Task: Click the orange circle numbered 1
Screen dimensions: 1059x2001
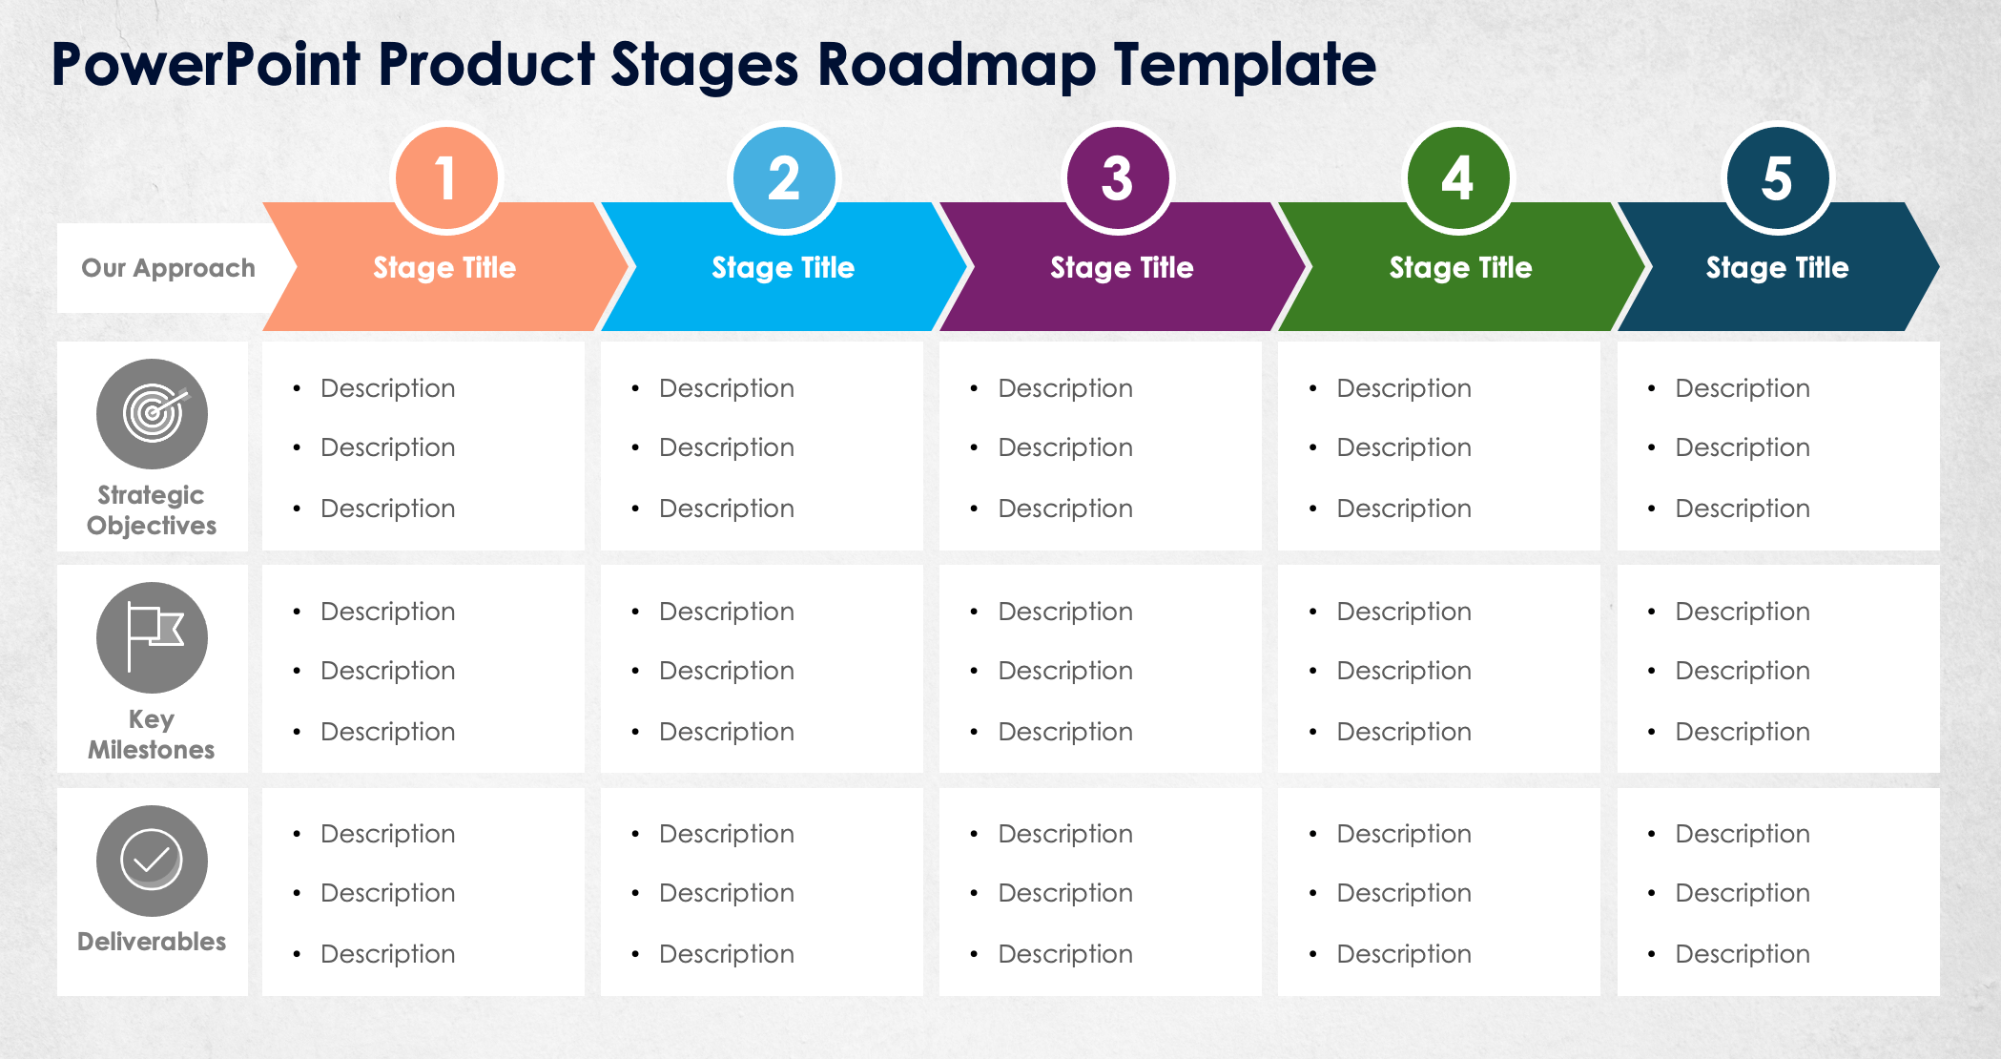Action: coord(445,178)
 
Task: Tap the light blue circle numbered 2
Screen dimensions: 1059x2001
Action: coord(784,178)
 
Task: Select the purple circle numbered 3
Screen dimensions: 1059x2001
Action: coord(1118,178)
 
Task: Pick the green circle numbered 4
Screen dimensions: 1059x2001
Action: coord(1458,178)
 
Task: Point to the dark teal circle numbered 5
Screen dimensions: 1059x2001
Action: coord(1777,178)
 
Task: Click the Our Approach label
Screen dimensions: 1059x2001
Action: coord(168,268)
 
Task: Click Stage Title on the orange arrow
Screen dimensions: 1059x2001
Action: coord(444,268)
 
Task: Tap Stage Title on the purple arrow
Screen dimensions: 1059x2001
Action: coord(1122,268)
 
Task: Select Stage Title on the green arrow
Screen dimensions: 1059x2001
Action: coord(1460,268)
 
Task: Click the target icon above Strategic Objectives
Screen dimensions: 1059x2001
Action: coord(152,414)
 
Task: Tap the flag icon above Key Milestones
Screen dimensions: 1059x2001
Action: coord(152,637)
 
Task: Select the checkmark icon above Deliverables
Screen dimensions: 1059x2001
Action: coord(152,861)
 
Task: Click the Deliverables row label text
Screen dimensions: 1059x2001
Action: coord(152,942)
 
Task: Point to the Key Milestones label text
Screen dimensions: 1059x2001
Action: coord(152,735)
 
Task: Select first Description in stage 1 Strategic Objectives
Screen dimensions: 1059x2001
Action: coord(387,388)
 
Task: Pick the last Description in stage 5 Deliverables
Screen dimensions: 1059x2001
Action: coord(1743,954)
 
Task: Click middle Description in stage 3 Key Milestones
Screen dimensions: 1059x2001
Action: coord(1065,671)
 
